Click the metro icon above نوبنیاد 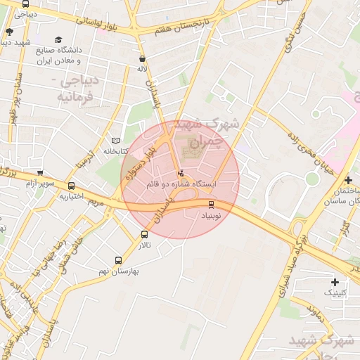tap(211, 204)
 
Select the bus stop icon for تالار tap(145, 234)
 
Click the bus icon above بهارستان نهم tap(117, 260)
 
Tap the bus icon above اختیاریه tap(71, 186)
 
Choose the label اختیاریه tap(71, 196)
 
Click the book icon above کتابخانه tap(116, 141)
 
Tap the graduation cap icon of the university tap(58, 40)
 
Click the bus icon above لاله tap(143, 59)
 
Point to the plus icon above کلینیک tap(335, 281)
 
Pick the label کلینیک tap(335, 291)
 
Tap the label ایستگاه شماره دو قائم tap(181, 183)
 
